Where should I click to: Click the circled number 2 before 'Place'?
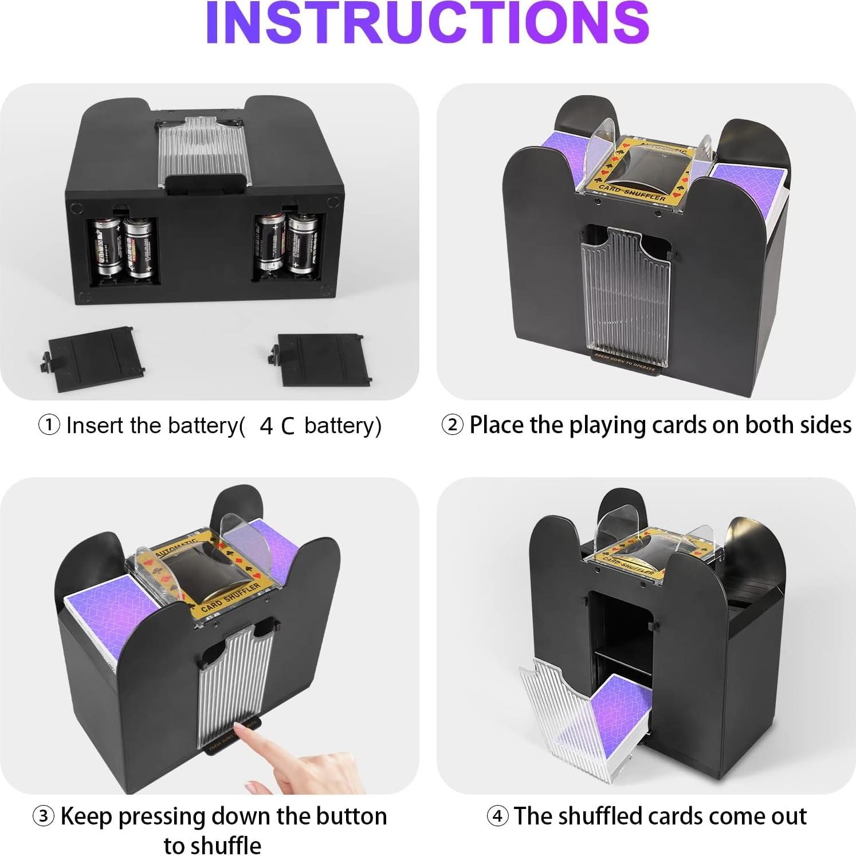coord(453,425)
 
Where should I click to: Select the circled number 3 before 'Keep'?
coord(44,816)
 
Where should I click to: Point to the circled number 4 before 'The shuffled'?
coord(497,816)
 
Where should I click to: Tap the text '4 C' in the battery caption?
coord(277,426)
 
